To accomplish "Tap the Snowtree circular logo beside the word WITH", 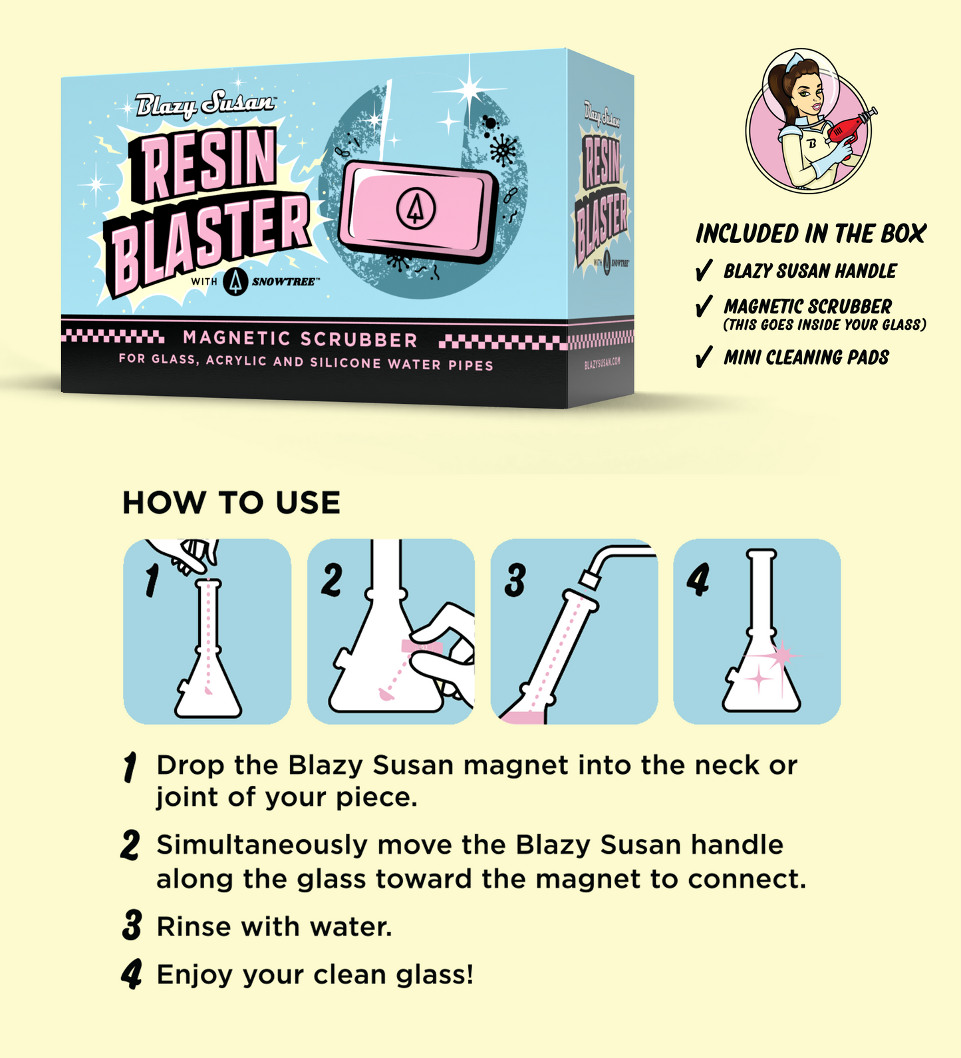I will click(235, 281).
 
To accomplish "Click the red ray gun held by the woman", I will click(851, 126).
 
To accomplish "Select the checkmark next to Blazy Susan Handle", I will click(704, 271).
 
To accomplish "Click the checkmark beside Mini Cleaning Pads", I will click(704, 357).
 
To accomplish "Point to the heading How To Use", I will click(231, 503).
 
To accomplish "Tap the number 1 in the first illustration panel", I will click(152, 580).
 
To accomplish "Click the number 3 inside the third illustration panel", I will click(515, 580).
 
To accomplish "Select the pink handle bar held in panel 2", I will click(421, 647).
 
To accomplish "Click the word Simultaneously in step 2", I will click(261, 845).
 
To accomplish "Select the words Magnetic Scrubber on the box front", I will click(300, 339).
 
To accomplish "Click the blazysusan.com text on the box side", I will click(603, 363).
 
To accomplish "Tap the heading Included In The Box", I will click(811, 234).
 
